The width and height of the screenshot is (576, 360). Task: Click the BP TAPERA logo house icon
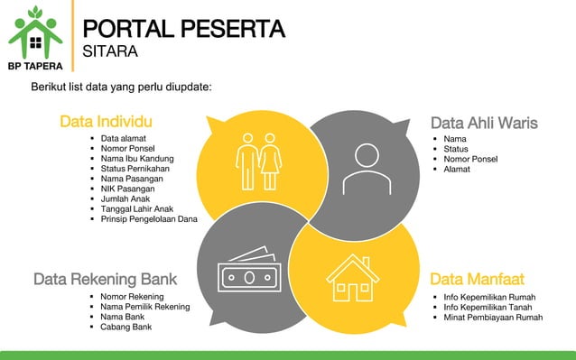click(35, 33)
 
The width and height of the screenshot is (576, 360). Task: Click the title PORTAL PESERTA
click(184, 29)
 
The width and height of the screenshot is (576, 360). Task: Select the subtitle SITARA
click(109, 52)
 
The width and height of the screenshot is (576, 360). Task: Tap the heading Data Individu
click(105, 122)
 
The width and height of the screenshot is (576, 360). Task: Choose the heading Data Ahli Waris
click(484, 123)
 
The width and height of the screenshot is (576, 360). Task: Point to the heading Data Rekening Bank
click(105, 279)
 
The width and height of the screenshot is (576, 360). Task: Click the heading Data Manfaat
click(477, 279)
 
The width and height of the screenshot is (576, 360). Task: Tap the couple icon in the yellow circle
click(259, 162)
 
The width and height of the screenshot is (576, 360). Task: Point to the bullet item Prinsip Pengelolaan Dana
click(149, 218)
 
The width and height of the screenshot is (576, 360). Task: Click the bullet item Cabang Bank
click(126, 327)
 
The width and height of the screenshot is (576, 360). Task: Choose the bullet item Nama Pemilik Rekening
click(145, 307)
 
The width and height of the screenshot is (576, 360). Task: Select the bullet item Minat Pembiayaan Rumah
click(493, 317)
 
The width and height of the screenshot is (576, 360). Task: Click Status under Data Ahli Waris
click(456, 149)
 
